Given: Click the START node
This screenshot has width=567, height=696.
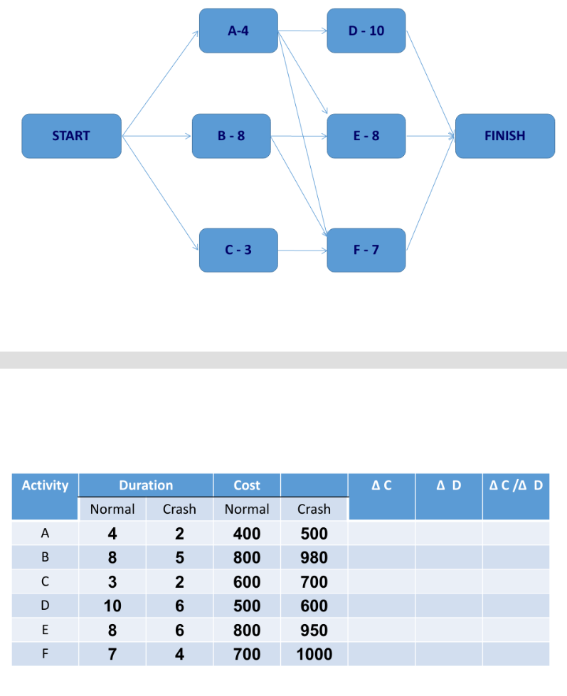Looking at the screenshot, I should pos(71,136).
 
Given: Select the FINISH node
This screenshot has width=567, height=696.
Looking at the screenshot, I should pos(504,136).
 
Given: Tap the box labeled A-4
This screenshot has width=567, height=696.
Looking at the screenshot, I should pos(238,31).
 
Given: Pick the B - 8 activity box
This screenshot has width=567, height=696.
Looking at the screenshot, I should pos(231,136).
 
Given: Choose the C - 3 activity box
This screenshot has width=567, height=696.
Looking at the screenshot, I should pos(238,250).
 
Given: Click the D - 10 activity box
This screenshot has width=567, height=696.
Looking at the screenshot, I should pos(366,31).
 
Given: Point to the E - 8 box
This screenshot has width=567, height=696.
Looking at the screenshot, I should pos(366,136).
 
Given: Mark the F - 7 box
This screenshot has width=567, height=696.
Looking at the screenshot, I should pos(366,250).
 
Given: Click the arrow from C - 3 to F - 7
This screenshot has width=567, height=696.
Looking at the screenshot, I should pos(302,251).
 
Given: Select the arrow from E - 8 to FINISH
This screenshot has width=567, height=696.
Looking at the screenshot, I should pos(430,135).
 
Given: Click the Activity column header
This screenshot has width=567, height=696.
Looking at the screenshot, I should pos(45,485).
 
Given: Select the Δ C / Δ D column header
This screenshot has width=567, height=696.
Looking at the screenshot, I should pos(516,485).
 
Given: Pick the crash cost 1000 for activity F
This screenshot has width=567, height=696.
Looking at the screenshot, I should pos(314,654).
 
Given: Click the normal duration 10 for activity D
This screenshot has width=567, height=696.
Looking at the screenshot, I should pos(112,606).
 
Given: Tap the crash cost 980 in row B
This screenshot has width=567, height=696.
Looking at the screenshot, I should pos(314,557).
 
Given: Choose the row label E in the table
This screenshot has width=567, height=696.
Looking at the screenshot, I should pos(45,630).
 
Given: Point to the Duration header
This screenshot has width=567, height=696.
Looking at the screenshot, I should pos(146,485).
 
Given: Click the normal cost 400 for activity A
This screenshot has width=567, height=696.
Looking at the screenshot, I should pos(247,533).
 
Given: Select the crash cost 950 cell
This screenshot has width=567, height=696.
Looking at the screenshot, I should pos(314,630).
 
